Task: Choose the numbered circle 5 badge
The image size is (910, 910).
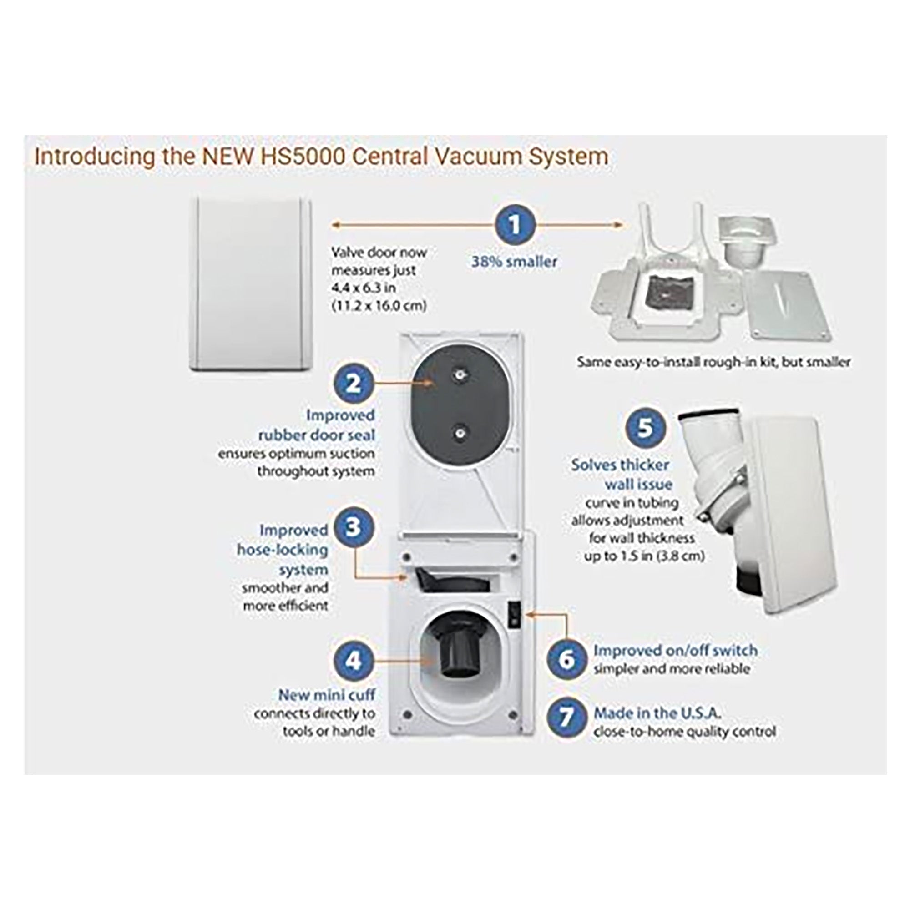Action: [x=645, y=428]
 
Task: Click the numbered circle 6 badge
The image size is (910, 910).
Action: [x=566, y=659]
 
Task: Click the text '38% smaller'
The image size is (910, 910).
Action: [x=514, y=262]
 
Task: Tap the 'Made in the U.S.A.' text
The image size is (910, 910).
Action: [x=657, y=713]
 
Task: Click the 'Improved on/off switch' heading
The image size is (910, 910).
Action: [x=675, y=651]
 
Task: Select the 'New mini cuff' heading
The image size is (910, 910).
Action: [x=326, y=695]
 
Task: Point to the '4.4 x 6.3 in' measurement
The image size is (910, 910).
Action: [x=363, y=288]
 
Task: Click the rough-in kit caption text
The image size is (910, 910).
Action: [x=713, y=362]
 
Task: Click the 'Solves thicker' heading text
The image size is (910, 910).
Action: [x=620, y=465]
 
